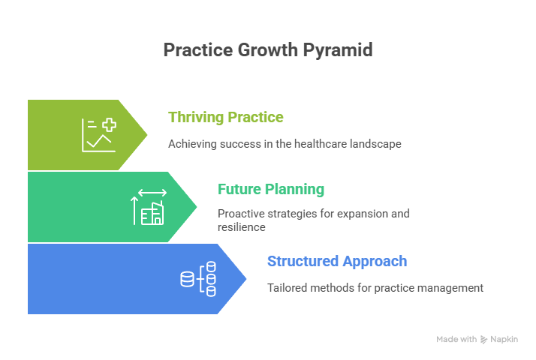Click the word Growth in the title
(x=263, y=50)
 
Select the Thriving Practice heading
(x=225, y=117)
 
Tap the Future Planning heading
(x=270, y=189)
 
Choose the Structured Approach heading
(x=337, y=261)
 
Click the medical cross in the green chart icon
(x=109, y=125)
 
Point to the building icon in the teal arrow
(x=152, y=213)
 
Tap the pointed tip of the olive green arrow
(x=147, y=135)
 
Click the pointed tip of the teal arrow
(x=197, y=207)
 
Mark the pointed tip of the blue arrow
(x=246, y=279)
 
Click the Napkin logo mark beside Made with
(x=484, y=340)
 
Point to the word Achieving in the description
(x=191, y=143)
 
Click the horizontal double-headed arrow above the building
(x=152, y=193)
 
